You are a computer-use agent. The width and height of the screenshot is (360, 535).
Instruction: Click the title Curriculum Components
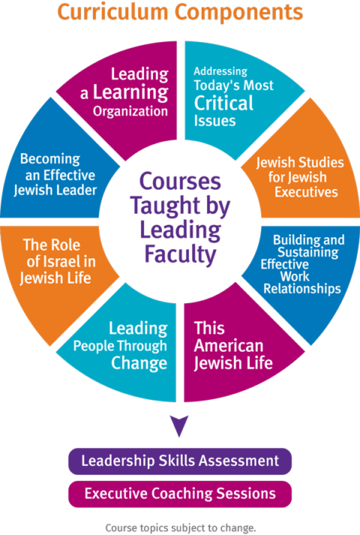click(180, 12)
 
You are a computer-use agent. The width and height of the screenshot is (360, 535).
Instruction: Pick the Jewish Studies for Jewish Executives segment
click(299, 177)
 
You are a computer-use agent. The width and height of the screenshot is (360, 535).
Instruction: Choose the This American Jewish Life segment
click(229, 345)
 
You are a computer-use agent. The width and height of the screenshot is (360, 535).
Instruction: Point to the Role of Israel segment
click(57, 262)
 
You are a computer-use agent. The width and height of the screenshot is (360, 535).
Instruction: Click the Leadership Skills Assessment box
click(180, 460)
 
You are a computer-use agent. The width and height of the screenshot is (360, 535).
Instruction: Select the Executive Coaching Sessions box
click(180, 493)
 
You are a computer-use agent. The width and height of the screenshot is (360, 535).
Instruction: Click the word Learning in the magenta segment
click(130, 94)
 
